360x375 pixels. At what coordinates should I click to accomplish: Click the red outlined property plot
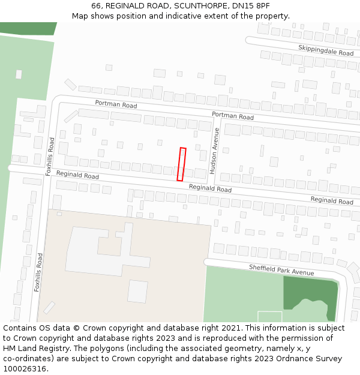(181, 164)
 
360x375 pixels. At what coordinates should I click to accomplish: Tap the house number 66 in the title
(97, 5)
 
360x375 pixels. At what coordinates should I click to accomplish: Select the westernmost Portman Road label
(116, 104)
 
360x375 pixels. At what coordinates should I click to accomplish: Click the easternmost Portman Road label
(233, 116)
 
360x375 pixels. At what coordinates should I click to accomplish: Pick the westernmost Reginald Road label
(77, 175)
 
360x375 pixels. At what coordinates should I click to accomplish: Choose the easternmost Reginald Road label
(332, 200)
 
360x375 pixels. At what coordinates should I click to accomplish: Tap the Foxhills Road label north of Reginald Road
(51, 156)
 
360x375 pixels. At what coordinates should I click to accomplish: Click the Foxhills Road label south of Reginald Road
(38, 272)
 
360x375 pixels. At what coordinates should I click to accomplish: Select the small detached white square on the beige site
(137, 292)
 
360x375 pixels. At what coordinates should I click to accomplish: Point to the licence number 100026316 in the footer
(23, 369)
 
